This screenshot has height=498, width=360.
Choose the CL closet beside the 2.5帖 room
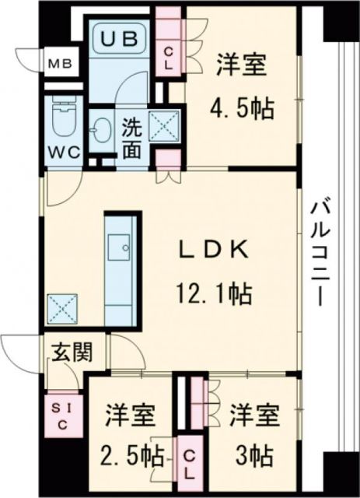point(189,464)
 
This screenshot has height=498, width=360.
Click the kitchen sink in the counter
point(120,248)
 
